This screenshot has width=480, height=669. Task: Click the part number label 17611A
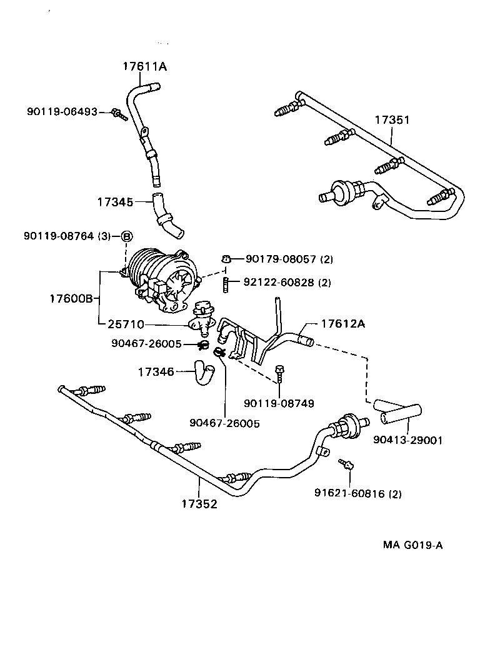[145, 66]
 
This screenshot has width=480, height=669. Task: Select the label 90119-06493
[62, 112]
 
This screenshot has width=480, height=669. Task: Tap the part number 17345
[115, 202]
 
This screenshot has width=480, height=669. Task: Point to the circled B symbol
[126, 236]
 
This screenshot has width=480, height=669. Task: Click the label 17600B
[71, 298]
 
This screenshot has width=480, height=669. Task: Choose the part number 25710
[126, 324]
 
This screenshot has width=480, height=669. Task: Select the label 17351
[392, 119]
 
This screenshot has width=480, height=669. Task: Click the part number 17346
[156, 372]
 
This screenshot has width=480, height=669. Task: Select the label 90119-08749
[279, 404]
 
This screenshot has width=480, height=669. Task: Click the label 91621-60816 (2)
[358, 493]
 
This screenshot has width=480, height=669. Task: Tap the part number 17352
[199, 503]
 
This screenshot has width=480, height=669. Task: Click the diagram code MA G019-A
[413, 545]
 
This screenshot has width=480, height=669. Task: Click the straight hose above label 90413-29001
[398, 413]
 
